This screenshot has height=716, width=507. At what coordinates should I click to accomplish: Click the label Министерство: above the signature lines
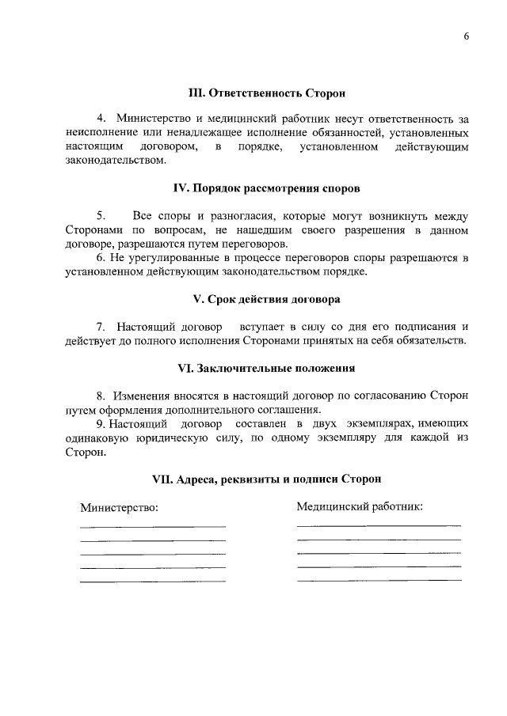point(120,507)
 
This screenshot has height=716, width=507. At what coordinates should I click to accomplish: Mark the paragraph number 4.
point(101,119)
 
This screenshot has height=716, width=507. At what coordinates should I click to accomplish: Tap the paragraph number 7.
point(101,327)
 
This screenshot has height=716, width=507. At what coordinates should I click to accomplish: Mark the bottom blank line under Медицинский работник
point(379,580)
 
